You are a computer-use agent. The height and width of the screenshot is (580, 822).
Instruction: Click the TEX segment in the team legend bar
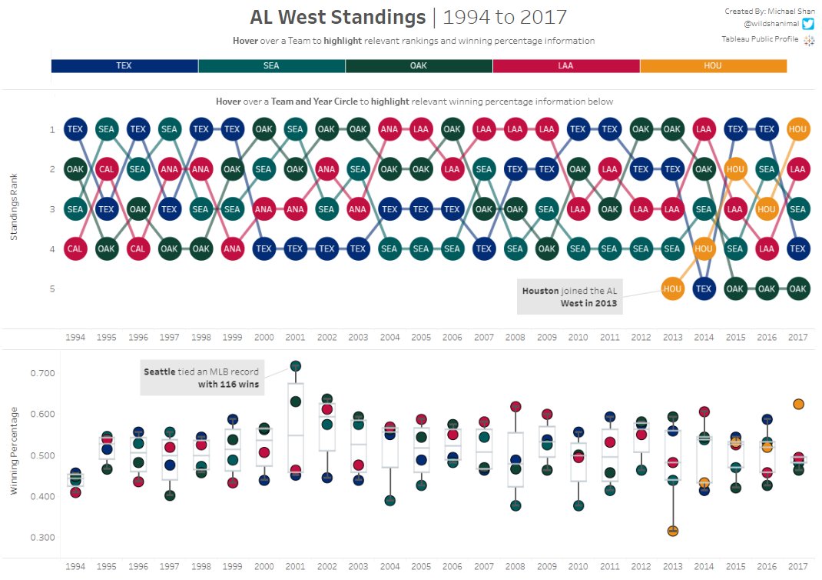(124, 66)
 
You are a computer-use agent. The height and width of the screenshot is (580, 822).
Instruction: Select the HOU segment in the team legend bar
(713, 66)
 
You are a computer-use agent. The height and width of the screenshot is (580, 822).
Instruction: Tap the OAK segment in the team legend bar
(419, 66)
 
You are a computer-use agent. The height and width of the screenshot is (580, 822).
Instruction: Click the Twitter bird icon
(807, 25)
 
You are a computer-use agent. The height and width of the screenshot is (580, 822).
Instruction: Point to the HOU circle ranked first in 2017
(798, 129)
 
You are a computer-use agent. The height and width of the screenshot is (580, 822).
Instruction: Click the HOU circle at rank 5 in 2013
(672, 288)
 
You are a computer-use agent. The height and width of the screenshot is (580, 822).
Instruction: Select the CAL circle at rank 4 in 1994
(75, 248)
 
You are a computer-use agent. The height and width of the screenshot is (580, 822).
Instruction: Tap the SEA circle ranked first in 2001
(295, 129)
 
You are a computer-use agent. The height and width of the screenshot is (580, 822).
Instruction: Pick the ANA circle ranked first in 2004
(389, 129)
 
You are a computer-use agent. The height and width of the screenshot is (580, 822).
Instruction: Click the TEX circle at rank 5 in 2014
(704, 288)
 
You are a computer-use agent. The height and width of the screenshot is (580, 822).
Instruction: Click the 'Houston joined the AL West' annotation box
(569, 297)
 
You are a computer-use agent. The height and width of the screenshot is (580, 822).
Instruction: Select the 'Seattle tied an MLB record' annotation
(201, 378)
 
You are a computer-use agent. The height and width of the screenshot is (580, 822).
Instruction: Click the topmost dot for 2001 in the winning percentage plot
(295, 366)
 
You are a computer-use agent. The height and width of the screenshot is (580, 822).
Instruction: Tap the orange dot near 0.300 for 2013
(672, 531)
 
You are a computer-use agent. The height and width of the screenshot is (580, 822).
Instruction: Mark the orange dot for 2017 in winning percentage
(798, 404)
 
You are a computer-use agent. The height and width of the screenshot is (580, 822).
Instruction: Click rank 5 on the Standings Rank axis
(52, 288)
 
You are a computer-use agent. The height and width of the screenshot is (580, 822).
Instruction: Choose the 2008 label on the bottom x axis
(515, 566)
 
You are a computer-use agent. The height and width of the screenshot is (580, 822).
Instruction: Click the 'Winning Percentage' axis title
(14, 454)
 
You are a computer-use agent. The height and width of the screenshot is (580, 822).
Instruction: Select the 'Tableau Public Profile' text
(760, 39)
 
